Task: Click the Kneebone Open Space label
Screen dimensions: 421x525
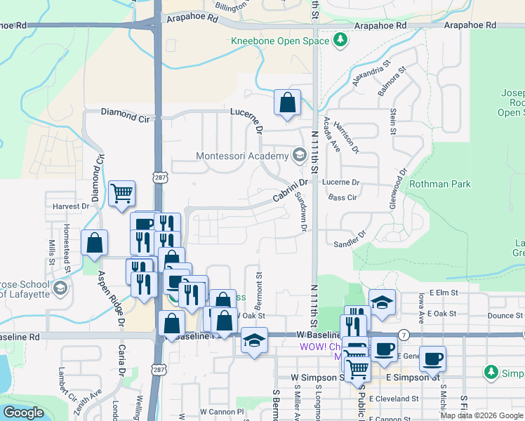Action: click(x=280, y=41)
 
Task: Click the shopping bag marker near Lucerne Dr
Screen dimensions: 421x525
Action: click(x=287, y=102)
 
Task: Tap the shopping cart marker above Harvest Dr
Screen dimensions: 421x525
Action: click(x=121, y=193)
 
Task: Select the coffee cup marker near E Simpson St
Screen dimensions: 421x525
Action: click(x=432, y=359)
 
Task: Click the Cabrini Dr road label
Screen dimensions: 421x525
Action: click(x=290, y=190)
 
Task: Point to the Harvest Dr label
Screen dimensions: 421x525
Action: click(x=71, y=206)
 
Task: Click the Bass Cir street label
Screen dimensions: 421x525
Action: click(x=343, y=199)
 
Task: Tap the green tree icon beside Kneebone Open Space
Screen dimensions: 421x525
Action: click(x=340, y=41)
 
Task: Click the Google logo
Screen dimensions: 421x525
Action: click(x=23, y=413)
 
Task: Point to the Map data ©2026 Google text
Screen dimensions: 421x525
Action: click(x=481, y=415)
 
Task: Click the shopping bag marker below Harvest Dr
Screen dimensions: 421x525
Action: click(x=95, y=243)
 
